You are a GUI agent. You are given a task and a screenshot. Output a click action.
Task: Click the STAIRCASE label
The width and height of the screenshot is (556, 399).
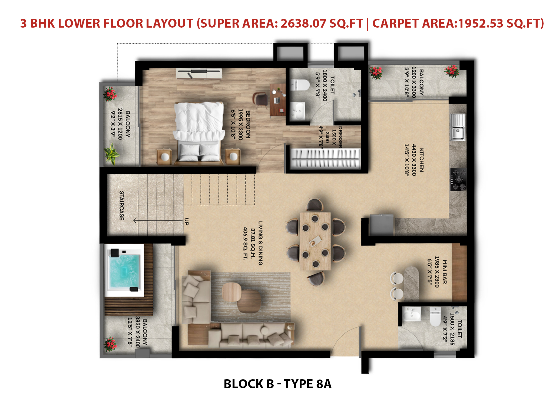coord(122,205)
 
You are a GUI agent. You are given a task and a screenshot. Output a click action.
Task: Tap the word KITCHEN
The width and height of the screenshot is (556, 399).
coord(421,160)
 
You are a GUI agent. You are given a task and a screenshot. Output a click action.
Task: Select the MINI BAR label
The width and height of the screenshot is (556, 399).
coord(444,272)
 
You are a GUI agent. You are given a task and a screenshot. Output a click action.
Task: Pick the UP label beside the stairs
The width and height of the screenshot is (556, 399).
coord(186,222)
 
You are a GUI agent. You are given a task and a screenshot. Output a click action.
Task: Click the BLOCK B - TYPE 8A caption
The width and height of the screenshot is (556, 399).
coord(277,384)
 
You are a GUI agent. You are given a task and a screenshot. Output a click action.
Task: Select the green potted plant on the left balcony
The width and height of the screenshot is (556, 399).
coord(111,154)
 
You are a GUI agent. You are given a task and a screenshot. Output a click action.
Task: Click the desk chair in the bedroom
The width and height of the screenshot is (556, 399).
coord(260,100)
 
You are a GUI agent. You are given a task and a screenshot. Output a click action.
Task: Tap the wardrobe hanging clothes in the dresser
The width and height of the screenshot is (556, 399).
coord(326,159)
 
